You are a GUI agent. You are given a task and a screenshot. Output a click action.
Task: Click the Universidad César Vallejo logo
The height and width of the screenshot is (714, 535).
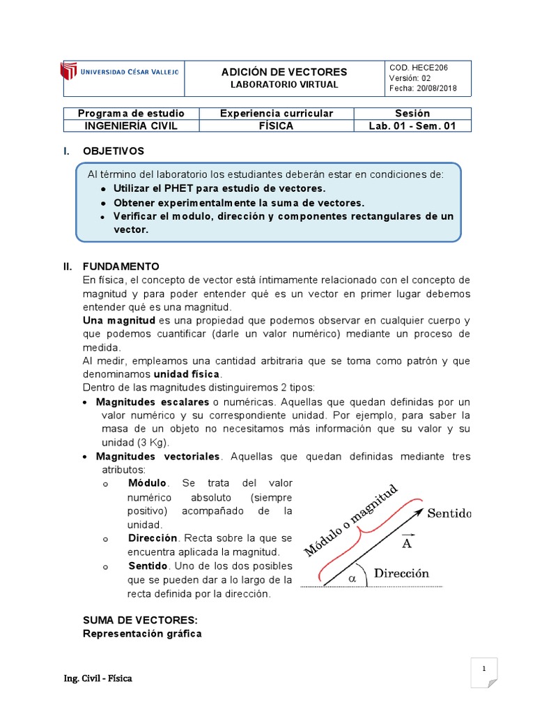119,71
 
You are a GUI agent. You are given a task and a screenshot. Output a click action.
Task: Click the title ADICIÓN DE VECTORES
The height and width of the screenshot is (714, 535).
284,73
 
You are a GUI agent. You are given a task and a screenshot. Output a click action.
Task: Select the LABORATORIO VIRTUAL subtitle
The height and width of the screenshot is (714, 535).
284,84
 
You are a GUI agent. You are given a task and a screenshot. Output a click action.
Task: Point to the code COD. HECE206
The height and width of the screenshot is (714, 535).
419,68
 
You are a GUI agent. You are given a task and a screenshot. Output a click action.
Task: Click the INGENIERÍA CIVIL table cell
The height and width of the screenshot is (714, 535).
131,126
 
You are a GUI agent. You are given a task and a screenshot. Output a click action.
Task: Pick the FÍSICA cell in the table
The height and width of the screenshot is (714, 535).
276,126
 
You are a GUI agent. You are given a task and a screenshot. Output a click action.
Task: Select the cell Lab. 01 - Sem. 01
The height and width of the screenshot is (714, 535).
412,126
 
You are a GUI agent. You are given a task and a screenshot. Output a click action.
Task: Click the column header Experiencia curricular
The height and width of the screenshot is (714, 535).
276,113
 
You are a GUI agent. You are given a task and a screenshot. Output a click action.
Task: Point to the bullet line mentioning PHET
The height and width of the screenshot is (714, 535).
219,188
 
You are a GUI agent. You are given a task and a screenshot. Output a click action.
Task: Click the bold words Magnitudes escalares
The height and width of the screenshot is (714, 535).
152,403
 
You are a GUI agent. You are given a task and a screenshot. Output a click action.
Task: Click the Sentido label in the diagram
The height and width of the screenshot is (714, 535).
449,514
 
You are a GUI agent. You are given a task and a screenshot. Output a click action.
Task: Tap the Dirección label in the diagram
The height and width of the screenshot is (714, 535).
401,574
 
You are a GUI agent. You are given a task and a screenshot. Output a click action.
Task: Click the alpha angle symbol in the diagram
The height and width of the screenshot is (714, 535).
352,578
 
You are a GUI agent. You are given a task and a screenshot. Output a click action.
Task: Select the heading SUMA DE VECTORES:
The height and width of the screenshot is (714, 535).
140,620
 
